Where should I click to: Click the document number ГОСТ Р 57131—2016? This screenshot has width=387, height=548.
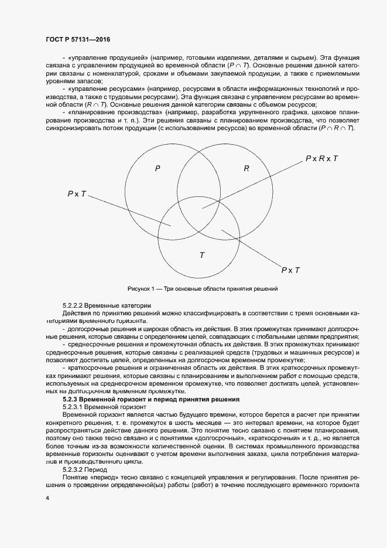77,40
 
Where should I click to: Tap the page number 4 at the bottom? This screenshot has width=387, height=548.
47,498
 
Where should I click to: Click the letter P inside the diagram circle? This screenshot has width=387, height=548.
157,169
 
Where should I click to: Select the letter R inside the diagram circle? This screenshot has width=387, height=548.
246,169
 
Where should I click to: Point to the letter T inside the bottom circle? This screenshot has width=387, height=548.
202,255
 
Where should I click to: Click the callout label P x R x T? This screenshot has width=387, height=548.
321,159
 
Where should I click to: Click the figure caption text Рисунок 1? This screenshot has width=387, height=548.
141,289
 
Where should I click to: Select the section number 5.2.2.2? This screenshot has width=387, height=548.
76,305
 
